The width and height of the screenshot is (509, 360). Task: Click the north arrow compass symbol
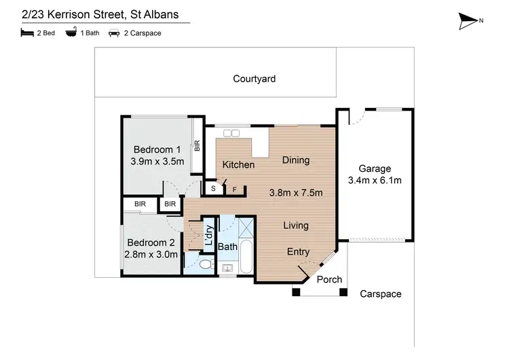pyautogui.click(x=468, y=21)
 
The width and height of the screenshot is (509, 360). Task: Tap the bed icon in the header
pyautogui.click(x=26, y=33)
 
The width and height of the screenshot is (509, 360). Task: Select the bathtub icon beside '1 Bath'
pyautogui.click(x=71, y=33)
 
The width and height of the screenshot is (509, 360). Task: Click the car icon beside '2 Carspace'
pyautogui.click(x=114, y=33)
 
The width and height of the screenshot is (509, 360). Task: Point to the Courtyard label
pyautogui.click(x=254, y=79)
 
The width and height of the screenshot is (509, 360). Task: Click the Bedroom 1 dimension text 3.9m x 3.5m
pyautogui.click(x=157, y=162)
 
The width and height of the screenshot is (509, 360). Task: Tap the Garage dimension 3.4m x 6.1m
pyautogui.click(x=375, y=180)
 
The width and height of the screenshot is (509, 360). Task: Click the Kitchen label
pyautogui.click(x=239, y=164)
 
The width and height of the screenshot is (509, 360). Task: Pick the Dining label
pyautogui.click(x=296, y=160)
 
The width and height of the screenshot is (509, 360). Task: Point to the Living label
pyautogui.click(x=295, y=226)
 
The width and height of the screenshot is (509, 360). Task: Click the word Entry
pyautogui.click(x=298, y=252)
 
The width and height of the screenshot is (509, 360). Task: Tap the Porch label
pyautogui.click(x=330, y=279)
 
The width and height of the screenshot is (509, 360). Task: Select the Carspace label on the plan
pyautogui.click(x=381, y=294)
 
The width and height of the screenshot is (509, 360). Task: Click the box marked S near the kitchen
pyautogui.click(x=213, y=188)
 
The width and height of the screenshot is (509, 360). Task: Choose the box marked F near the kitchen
pyautogui.click(x=235, y=190)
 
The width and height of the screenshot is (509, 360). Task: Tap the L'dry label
pyautogui.click(x=209, y=236)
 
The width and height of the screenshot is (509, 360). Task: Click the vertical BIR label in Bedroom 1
pyautogui.click(x=197, y=145)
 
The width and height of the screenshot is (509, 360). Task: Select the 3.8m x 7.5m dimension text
pyautogui.click(x=296, y=192)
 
